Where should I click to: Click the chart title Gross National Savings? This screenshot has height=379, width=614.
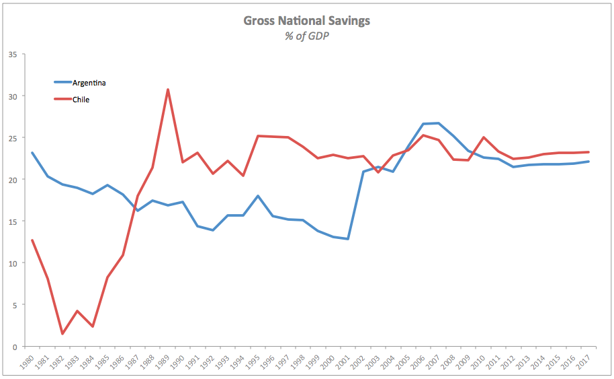[x=306, y=21]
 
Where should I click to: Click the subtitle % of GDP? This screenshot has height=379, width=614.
[x=306, y=36]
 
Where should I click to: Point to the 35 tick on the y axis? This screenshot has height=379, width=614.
[x=13, y=55]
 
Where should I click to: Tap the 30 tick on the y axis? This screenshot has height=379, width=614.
[x=13, y=96]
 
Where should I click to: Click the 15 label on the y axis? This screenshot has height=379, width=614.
[x=13, y=221]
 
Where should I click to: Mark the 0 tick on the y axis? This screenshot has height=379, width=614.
[x=15, y=347]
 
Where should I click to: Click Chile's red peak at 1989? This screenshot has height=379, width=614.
[x=167, y=90]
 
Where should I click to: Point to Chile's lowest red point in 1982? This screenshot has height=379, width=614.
[x=62, y=334]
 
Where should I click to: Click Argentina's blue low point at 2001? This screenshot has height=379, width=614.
[x=348, y=239]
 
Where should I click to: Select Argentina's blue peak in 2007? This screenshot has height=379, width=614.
[x=439, y=123]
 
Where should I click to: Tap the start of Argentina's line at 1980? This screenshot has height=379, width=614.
[x=32, y=153]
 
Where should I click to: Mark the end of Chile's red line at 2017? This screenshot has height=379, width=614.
[x=589, y=152]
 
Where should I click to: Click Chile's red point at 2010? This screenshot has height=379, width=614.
[x=484, y=137]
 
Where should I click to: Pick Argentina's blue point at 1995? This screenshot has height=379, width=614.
[x=258, y=196]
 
